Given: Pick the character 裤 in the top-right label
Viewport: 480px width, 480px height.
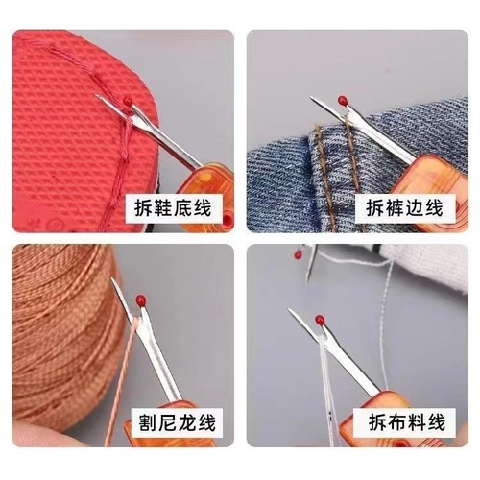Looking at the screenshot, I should (x=391, y=205).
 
